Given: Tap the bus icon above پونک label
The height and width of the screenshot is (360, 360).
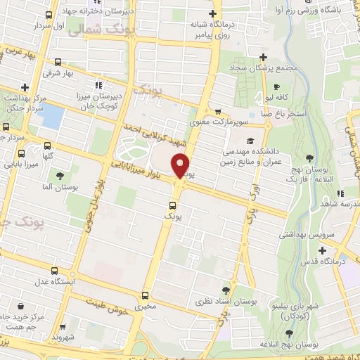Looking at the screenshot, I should pos(172,206).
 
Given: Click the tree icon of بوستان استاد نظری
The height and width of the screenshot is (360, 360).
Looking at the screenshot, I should pos(225,290).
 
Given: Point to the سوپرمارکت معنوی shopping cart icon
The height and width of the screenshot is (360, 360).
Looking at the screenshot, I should pos(218,111).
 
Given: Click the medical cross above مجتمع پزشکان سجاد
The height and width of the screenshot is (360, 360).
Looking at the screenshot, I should pos(263,57).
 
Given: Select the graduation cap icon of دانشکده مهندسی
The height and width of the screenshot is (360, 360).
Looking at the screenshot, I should pos(250,141).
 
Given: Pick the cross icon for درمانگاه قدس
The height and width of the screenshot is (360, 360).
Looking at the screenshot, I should pos(323,250).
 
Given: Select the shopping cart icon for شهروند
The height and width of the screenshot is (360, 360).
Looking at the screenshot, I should pos(65,328).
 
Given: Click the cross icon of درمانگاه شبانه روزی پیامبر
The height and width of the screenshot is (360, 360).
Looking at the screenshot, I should pos(213,15).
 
